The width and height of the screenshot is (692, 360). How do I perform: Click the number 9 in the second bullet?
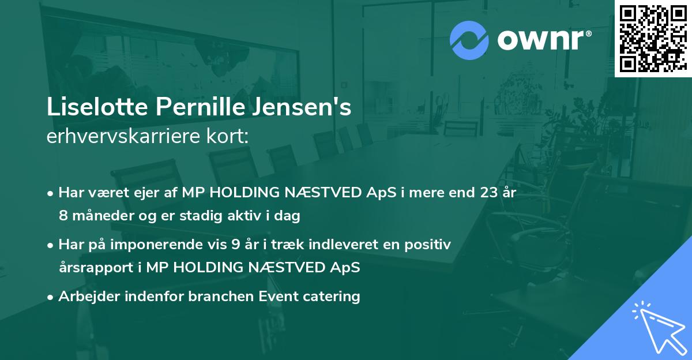tap(235, 245)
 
